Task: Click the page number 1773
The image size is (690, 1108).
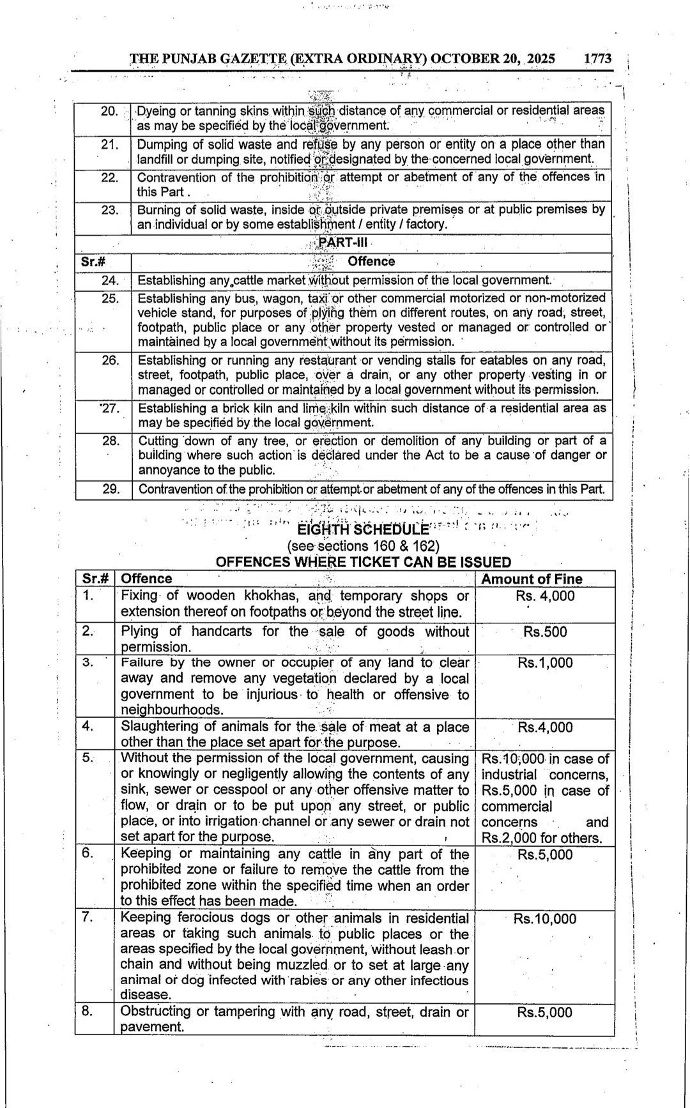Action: (598, 59)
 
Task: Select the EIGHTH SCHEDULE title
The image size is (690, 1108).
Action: (364, 529)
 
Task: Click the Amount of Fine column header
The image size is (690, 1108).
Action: (532, 579)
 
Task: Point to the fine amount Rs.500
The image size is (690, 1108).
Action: (544, 632)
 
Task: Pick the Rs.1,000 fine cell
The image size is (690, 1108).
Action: (545, 663)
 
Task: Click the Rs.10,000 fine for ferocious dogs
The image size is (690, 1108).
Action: (545, 919)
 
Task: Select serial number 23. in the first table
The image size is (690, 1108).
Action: (110, 209)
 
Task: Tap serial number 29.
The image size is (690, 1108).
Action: (111, 489)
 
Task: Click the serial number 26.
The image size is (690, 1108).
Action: (111, 360)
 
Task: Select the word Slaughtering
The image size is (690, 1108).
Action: (160, 727)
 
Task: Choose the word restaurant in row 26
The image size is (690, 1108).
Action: (321, 360)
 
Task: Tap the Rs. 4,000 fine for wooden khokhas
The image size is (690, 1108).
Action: (545, 596)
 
